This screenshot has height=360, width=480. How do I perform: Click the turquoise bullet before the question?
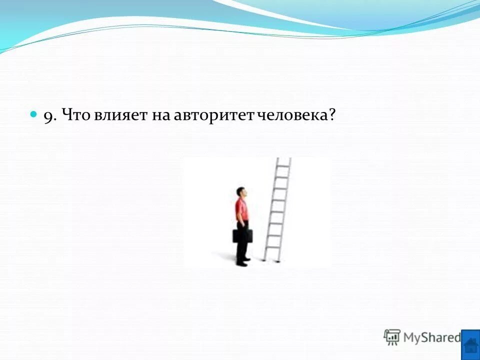pyautogui.click(x=34, y=114)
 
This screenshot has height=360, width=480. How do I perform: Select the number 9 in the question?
pyautogui.click(x=48, y=116)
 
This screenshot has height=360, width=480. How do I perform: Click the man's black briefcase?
pyautogui.click(x=242, y=235)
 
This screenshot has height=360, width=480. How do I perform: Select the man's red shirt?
pyautogui.click(x=242, y=210)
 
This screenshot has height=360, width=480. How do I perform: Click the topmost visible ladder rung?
pyautogui.click(x=283, y=165)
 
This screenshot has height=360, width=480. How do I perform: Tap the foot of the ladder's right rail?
pyautogui.click(x=278, y=260)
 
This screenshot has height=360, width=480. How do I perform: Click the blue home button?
pyautogui.click(x=470, y=344)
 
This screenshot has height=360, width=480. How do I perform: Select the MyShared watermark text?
pyautogui.click(x=432, y=337)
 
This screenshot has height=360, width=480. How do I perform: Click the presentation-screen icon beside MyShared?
pyautogui.click(x=392, y=337)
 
